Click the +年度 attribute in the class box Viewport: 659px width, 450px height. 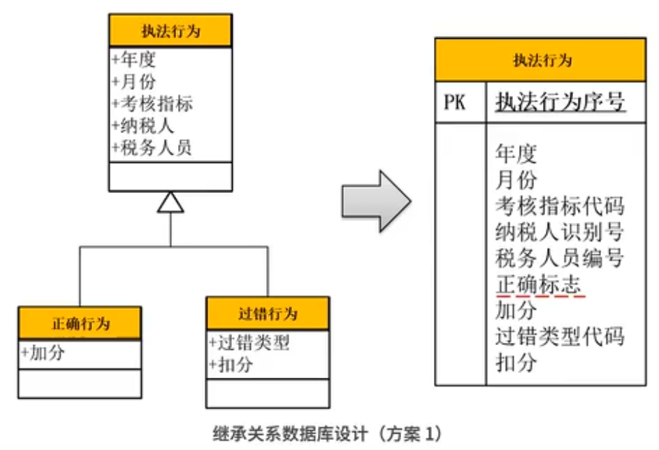click(x=134, y=60)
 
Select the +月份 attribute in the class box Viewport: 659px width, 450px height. click(x=134, y=82)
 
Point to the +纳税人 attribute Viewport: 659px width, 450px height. click(x=143, y=125)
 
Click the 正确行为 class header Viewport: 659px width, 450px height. click(x=80, y=322)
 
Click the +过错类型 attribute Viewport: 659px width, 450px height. click(x=249, y=342)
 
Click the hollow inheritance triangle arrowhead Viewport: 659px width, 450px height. click(x=171, y=202)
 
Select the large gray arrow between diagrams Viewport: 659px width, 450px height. click(x=375, y=201)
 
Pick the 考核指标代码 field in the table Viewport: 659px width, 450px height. click(x=559, y=207)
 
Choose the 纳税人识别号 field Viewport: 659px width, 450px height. click(x=559, y=232)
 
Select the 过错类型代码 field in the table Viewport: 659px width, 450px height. click(x=559, y=336)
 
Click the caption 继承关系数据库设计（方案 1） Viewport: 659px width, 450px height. click(x=328, y=433)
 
